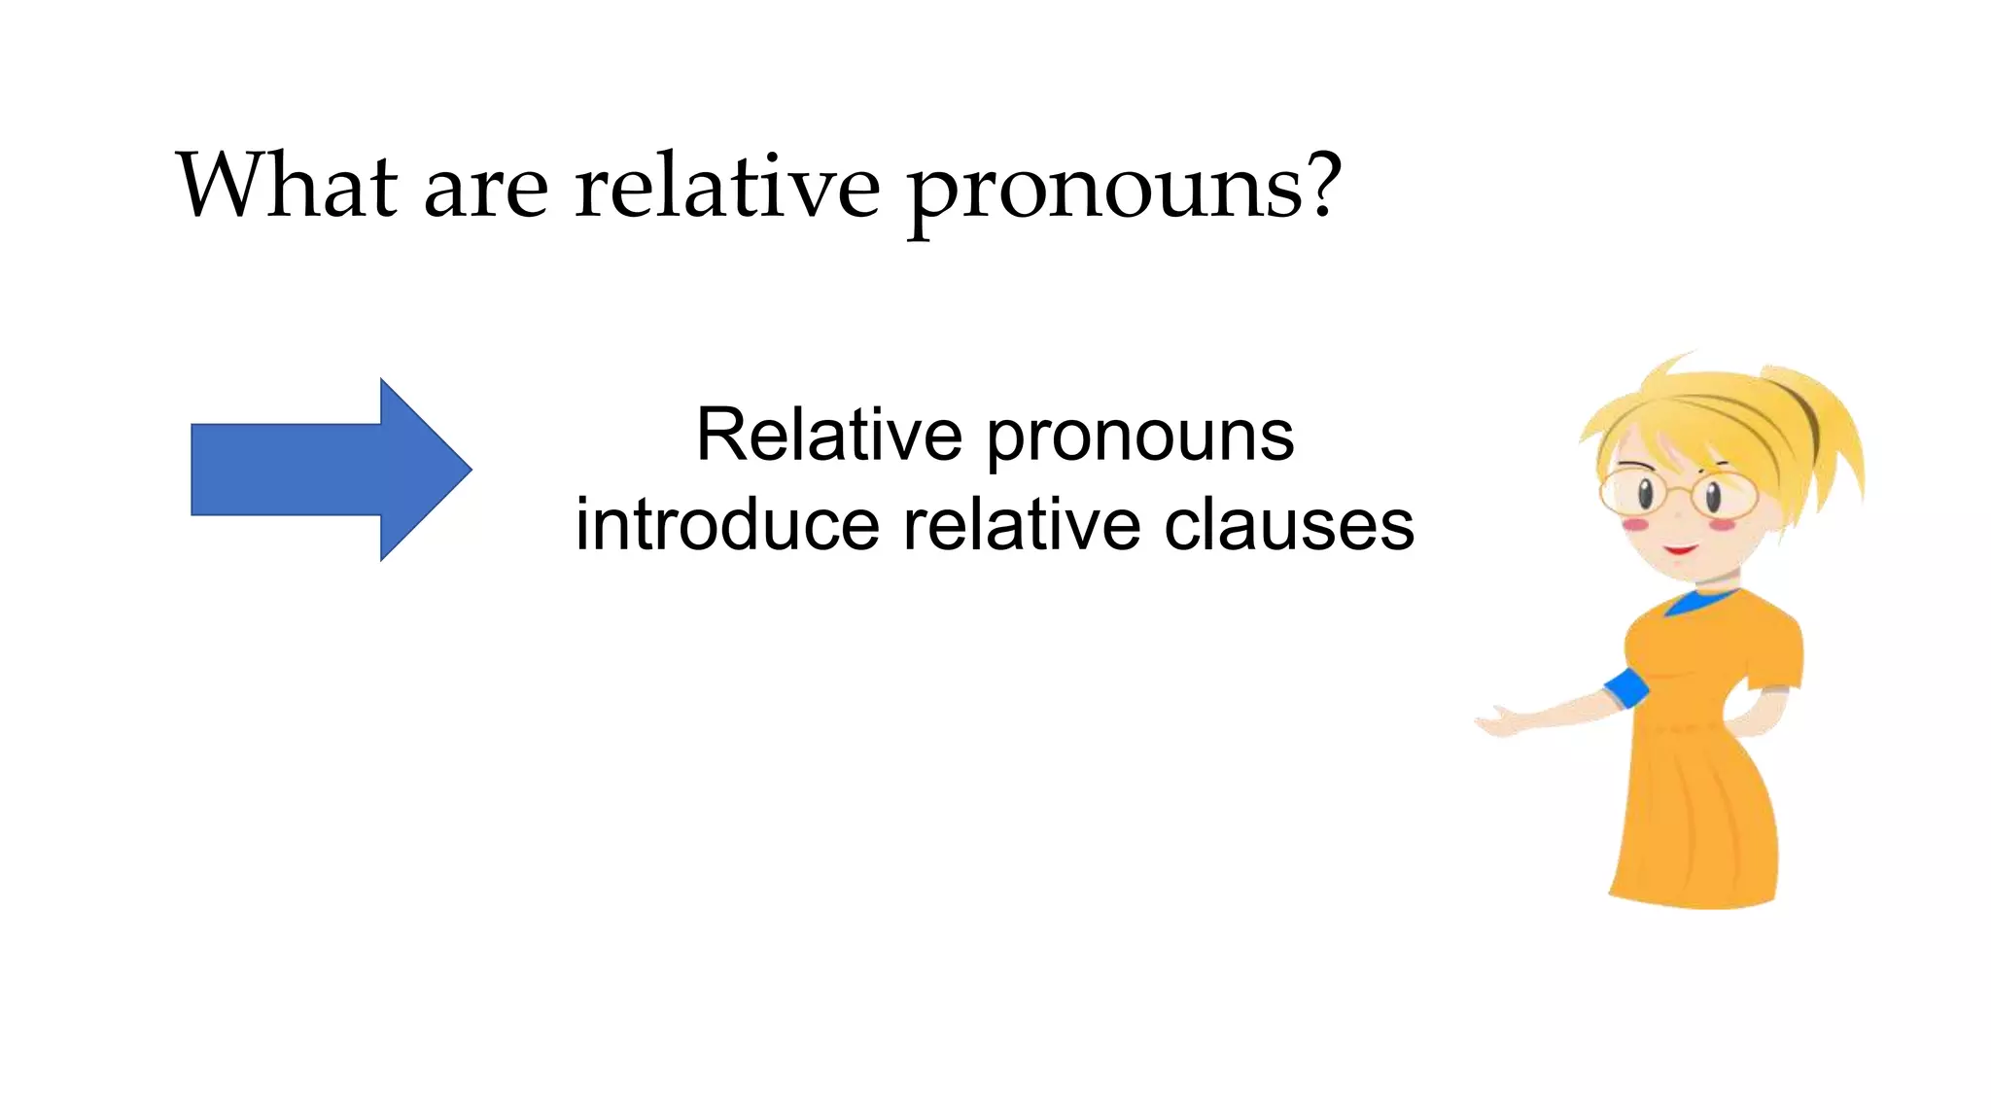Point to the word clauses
[x=1289, y=525]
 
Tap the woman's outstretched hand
[x=1497, y=724]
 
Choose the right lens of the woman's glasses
[x=1724, y=496]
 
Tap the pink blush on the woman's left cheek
[x=1635, y=525]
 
